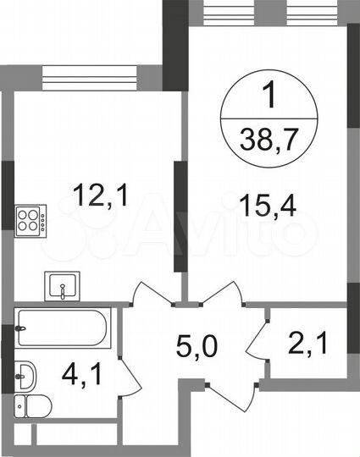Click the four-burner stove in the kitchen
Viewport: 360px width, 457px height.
click(31, 218)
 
